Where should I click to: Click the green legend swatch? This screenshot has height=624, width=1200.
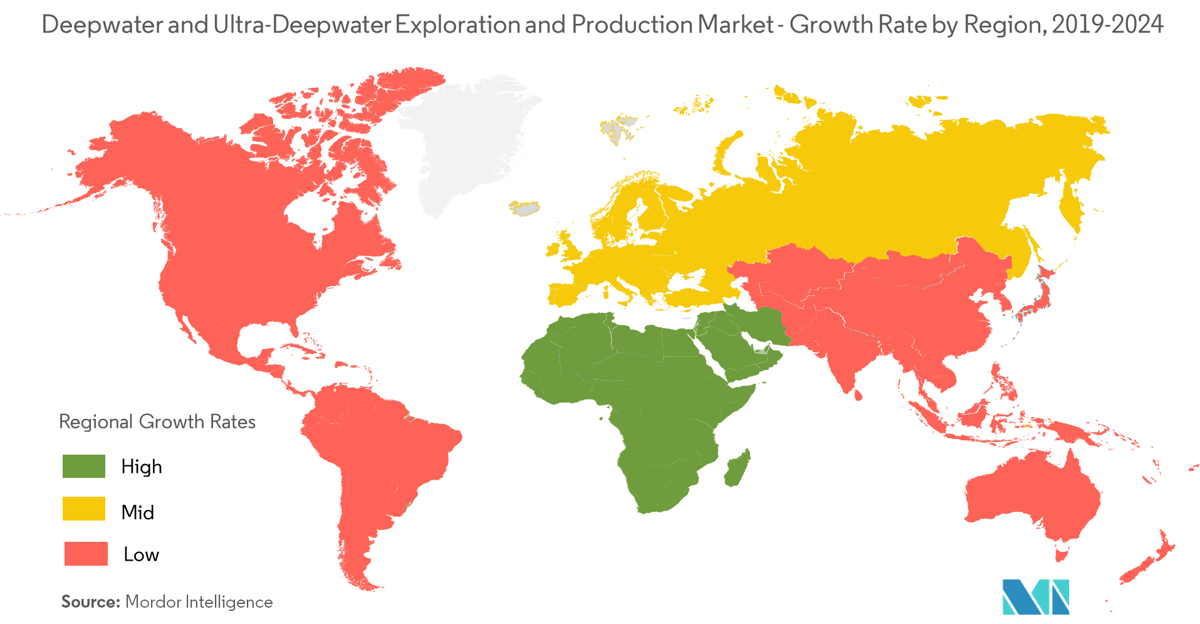pyautogui.click(x=84, y=467)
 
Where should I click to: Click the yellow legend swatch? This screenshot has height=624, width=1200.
pyautogui.click(x=84, y=509)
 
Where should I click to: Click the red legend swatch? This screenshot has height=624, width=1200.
pyautogui.click(x=86, y=554)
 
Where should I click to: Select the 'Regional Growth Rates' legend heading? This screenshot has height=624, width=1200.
pyautogui.click(x=157, y=421)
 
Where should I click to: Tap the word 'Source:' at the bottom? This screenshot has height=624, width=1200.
pyautogui.click(x=90, y=602)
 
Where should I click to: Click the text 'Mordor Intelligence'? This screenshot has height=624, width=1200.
pyautogui.click(x=199, y=602)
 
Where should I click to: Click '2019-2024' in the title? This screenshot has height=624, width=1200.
pyautogui.click(x=1107, y=25)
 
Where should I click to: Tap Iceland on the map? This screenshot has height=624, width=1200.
pyautogui.click(x=524, y=208)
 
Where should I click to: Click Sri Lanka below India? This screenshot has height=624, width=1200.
pyautogui.click(x=858, y=394)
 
